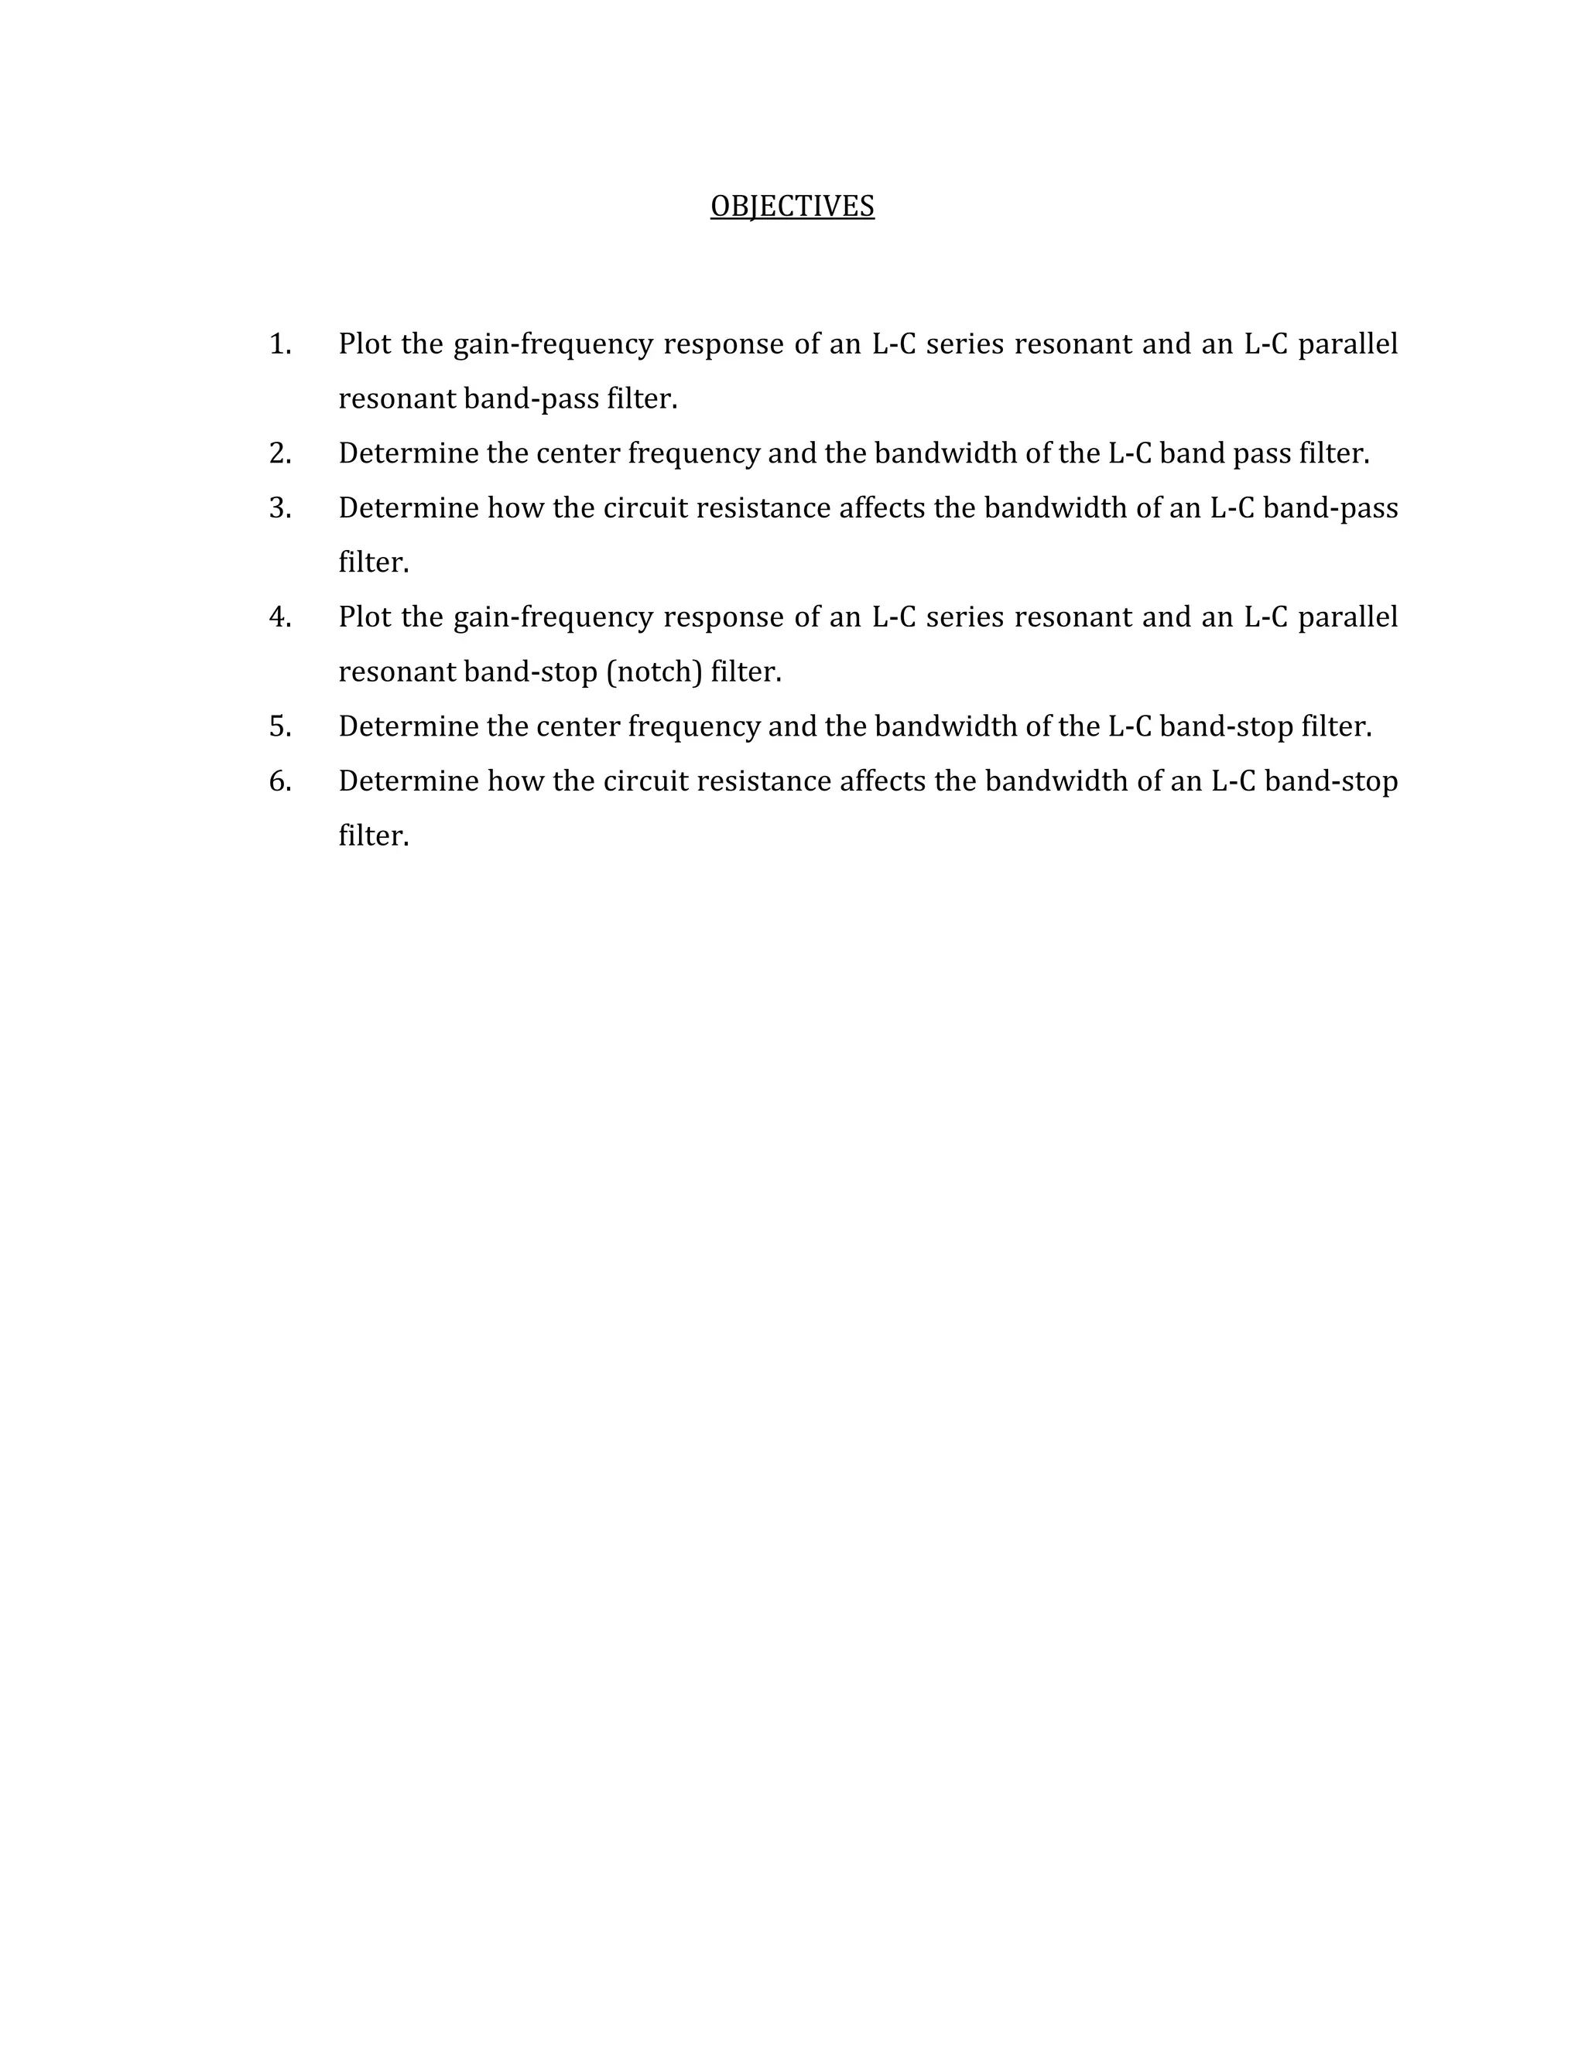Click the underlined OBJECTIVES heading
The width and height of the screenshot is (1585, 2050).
(792, 207)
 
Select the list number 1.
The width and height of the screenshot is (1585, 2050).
(280, 344)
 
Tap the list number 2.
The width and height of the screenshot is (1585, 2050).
(280, 454)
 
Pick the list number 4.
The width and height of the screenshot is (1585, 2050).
(280, 617)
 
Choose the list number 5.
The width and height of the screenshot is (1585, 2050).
(280, 726)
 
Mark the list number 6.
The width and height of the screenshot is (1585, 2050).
(280, 781)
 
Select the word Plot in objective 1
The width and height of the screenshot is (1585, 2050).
(365, 344)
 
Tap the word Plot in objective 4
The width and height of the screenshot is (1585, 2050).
(365, 617)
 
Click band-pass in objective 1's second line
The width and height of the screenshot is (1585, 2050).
(530, 400)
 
